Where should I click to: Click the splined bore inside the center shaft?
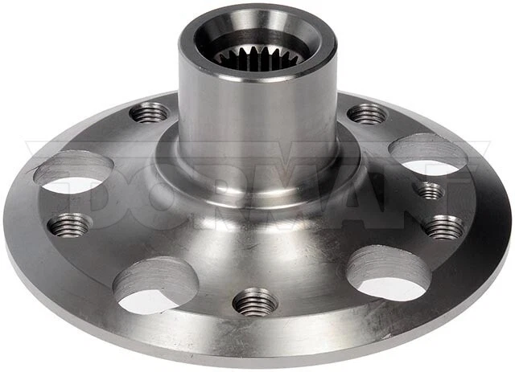[x=245, y=56]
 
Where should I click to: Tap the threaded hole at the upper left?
[x=150, y=112]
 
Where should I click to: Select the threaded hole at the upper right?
[x=367, y=113]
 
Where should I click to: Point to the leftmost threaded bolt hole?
[x=69, y=225]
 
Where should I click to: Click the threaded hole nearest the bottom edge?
[x=255, y=302]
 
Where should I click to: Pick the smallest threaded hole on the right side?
[x=431, y=190]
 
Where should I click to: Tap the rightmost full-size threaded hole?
[x=444, y=227]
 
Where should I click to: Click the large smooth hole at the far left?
[x=74, y=171]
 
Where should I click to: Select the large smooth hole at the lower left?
[x=155, y=284]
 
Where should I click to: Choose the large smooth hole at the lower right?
[x=389, y=272]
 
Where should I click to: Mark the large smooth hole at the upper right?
[x=427, y=154]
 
